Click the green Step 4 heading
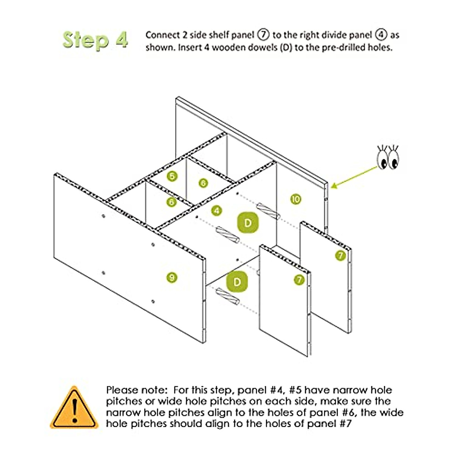tap(95, 40)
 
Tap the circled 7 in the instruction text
tap(263, 35)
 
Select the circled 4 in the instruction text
tap(381, 35)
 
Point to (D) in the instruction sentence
tap(286, 48)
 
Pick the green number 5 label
tap(173, 176)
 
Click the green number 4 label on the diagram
tap(216, 211)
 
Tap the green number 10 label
tap(296, 199)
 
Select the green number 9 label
tap(172, 277)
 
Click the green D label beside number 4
tap(248, 222)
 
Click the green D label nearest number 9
tap(237, 282)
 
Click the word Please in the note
tap(120, 390)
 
